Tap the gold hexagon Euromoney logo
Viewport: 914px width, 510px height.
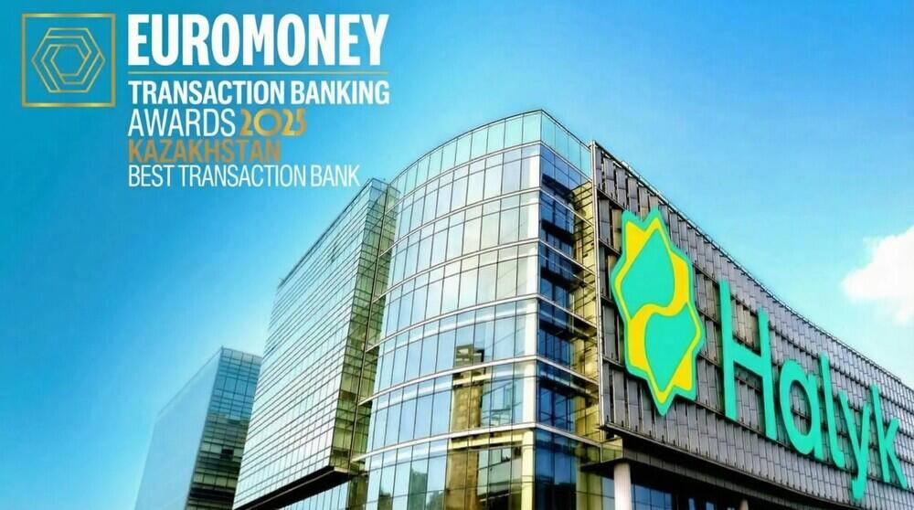tap(69, 59)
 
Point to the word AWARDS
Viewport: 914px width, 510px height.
tap(182, 121)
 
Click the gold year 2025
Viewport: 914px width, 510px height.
tap(272, 122)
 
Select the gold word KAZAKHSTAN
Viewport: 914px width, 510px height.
tap(204, 149)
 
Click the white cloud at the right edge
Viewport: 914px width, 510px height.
tap(882, 270)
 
